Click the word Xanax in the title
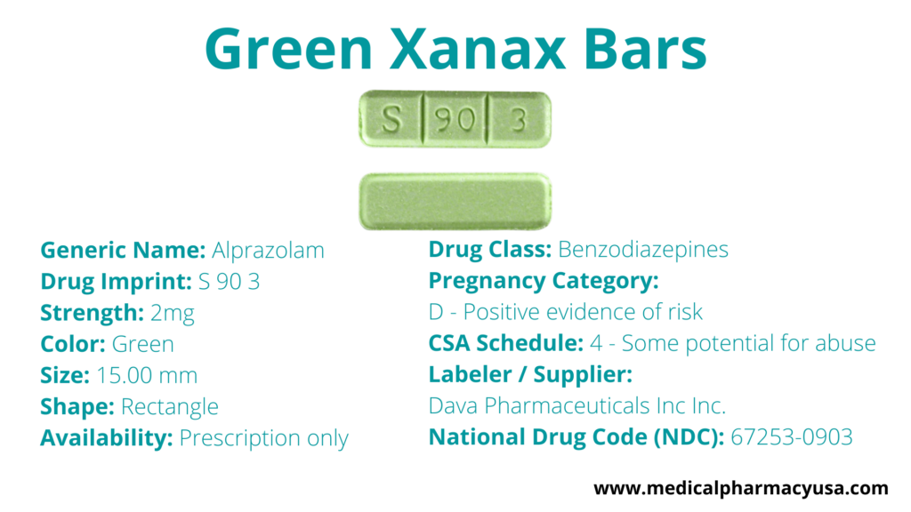pos(477,49)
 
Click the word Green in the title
pos(289,49)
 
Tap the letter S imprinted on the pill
pos(391,119)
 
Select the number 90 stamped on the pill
pos(455,120)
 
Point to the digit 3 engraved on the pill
pos(519,120)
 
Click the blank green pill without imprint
pos(455,201)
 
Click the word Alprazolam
pos(268,250)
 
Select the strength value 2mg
pos(172,314)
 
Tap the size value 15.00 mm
pos(147,376)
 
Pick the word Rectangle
pos(170,407)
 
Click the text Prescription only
pos(263,438)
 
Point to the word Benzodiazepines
pos(643,250)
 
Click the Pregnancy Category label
pos(544,281)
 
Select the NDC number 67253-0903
pos(791,437)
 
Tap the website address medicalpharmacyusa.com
pos(741,488)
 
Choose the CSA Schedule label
pos(506,343)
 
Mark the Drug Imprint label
pos(117,282)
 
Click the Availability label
pos(107,438)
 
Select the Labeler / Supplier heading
pos(530,374)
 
